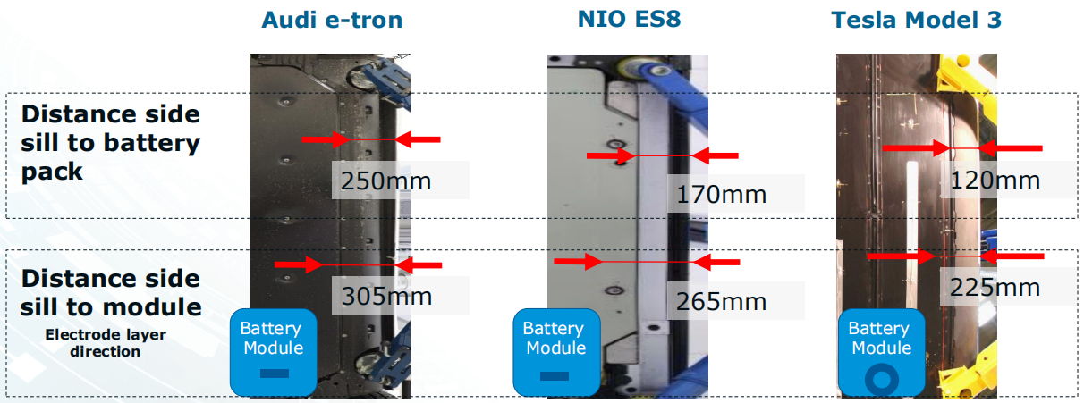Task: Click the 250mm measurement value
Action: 385,181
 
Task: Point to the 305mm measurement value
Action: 385,295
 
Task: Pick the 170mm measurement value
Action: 721,193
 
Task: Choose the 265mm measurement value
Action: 721,301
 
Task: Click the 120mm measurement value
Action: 995,180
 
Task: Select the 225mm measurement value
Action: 995,287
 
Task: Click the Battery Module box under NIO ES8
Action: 554,352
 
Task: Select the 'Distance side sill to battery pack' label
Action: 111,142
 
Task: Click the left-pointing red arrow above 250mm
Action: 418,139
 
